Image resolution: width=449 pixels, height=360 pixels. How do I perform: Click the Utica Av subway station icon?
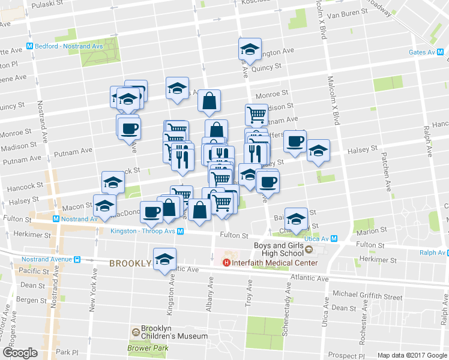click(x=335, y=239)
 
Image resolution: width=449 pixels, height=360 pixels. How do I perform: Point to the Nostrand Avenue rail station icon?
click(x=77, y=259)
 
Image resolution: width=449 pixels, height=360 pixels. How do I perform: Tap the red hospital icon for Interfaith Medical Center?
click(x=226, y=262)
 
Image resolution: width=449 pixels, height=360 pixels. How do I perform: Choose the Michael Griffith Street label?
click(x=367, y=296)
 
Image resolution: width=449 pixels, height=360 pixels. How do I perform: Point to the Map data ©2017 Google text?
click(x=411, y=355)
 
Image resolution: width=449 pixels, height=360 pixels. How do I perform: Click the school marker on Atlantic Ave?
click(x=164, y=259)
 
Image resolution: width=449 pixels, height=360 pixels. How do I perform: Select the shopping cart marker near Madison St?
click(x=256, y=114)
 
